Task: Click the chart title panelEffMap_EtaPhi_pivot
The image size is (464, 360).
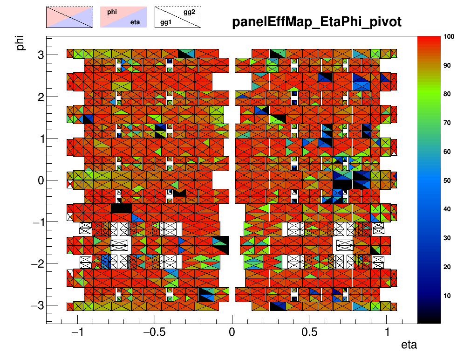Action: tap(317, 22)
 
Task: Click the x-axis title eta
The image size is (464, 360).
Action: tap(409, 346)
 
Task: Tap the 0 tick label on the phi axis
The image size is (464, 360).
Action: tap(41, 180)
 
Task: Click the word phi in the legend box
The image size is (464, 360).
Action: tap(112, 12)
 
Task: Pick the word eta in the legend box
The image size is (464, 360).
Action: tap(135, 21)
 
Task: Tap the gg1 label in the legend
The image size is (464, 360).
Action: tap(165, 21)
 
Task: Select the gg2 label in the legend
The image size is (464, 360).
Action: tap(189, 12)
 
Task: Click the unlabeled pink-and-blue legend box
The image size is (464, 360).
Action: tap(69, 17)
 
